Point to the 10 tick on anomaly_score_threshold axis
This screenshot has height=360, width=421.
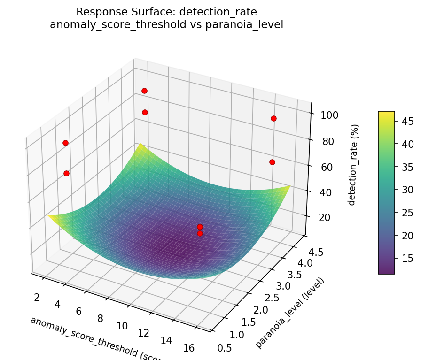[x=122, y=326]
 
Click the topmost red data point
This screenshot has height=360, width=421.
[x=144, y=91]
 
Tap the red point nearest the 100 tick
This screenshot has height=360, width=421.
[x=273, y=118]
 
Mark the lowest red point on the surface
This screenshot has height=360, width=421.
[x=200, y=233]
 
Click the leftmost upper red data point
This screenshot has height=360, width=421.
[x=65, y=143]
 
